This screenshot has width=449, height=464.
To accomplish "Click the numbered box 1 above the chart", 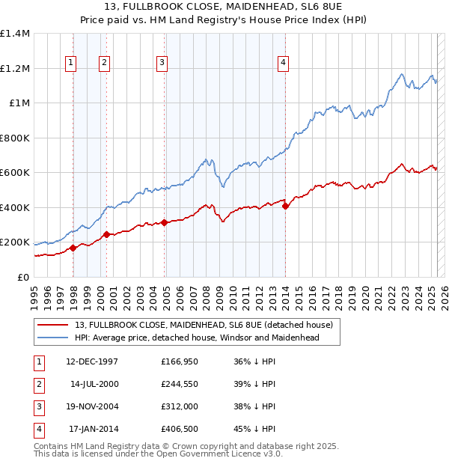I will (x=70, y=64).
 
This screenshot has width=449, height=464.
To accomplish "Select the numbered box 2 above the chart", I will (x=104, y=64).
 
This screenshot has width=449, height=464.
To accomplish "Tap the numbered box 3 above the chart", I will (x=162, y=64).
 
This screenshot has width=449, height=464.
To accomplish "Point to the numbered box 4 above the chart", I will (x=284, y=64).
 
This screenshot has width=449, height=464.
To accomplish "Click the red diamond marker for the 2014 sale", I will (x=285, y=207).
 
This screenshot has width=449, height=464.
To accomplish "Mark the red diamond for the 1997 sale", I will (x=73, y=248).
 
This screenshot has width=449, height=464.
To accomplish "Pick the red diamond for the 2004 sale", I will (x=164, y=223).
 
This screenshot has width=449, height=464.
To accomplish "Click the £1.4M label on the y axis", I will (x=15, y=34).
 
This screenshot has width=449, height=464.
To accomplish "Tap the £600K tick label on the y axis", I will (x=15, y=173).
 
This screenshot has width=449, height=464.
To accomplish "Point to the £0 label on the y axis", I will (x=22, y=277).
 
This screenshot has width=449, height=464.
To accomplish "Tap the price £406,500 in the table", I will (x=180, y=429).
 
